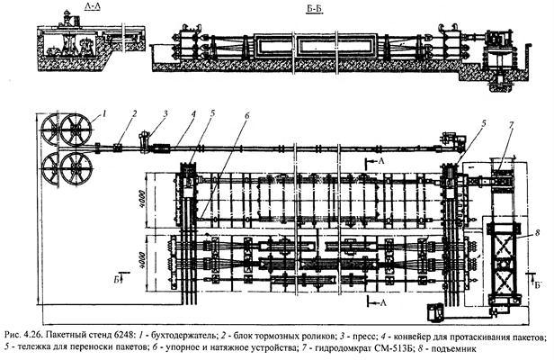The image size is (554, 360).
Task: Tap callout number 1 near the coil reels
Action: [104, 112]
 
